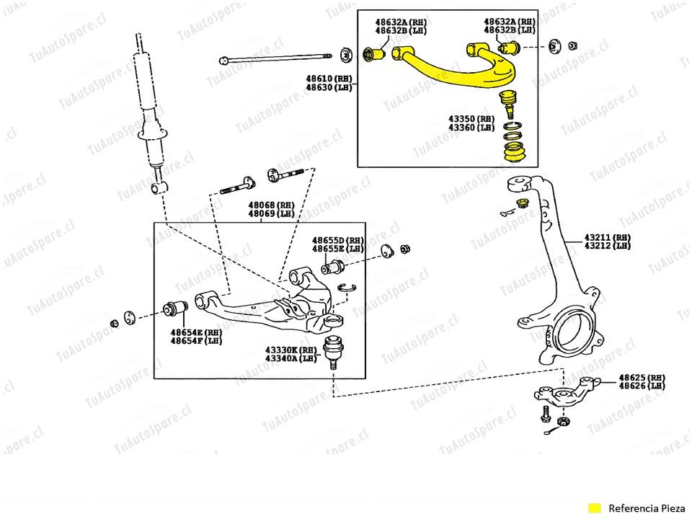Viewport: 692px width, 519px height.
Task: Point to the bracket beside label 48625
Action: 562,394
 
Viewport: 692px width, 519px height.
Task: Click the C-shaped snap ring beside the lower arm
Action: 348,288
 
